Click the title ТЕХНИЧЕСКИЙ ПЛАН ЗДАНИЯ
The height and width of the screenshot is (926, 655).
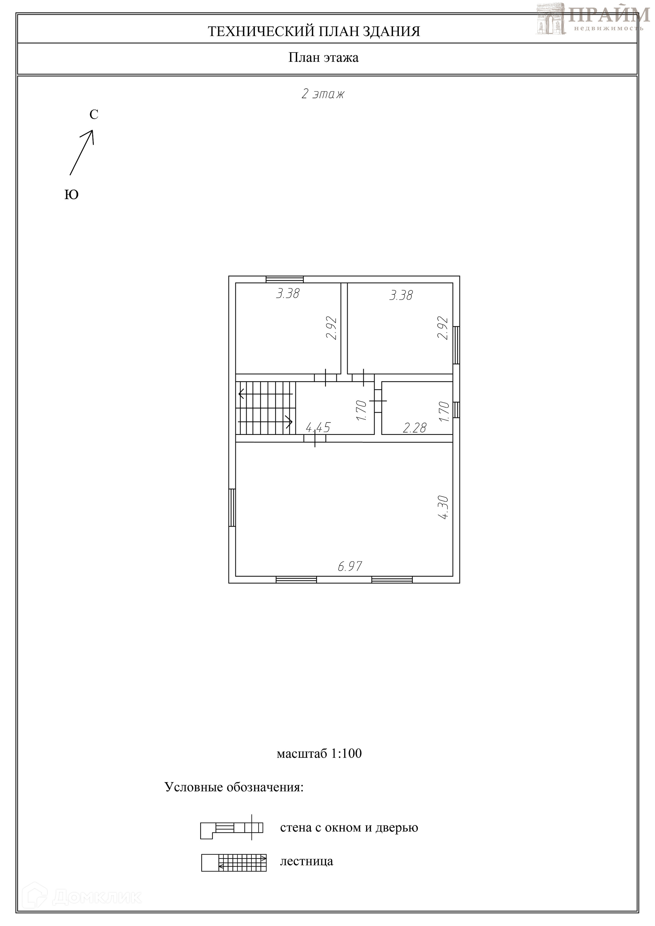pos(314,31)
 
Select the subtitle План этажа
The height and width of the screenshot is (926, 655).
pos(323,58)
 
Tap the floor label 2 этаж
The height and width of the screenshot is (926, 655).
pos(323,94)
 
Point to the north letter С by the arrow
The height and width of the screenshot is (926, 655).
pos(93,115)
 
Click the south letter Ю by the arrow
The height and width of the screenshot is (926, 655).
pos(71,195)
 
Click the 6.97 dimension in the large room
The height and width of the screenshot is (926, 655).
pos(350,566)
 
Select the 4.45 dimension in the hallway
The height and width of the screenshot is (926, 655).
pos(318,427)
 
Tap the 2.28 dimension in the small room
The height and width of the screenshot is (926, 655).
pos(414,428)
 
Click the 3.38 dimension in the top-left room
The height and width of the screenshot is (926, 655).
pos(288,293)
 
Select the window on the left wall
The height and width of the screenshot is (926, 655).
pos(232,508)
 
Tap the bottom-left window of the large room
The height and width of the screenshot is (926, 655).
pos(296,579)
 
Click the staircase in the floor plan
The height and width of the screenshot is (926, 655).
pos(266,408)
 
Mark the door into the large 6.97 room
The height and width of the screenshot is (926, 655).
pos(315,438)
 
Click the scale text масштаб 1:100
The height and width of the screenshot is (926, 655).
pos(319,753)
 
